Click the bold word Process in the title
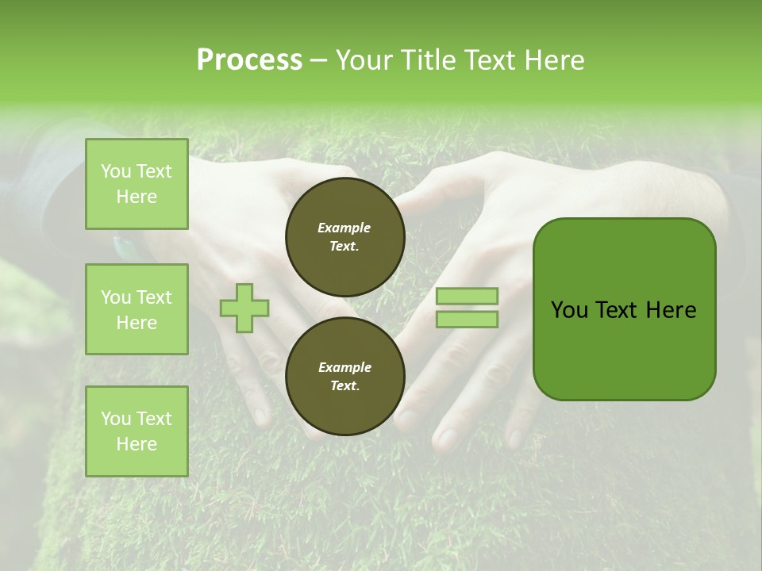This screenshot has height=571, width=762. pyautogui.click(x=249, y=59)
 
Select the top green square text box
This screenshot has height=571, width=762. pyautogui.click(x=137, y=184)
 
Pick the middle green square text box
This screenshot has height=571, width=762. pyautogui.click(x=137, y=309)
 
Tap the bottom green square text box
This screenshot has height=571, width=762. pyautogui.click(x=137, y=431)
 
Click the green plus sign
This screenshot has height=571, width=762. pyautogui.click(x=244, y=308)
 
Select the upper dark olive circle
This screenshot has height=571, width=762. pyautogui.click(x=344, y=237)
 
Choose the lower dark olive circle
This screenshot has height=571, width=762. pyautogui.click(x=344, y=377)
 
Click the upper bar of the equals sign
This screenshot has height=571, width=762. pyautogui.click(x=467, y=296)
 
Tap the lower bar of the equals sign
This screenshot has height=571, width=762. pyautogui.click(x=467, y=319)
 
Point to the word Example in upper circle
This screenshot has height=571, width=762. pyautogui.click(x=344, y=228)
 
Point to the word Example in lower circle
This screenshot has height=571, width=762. pyautogui.click(x=344, y=367)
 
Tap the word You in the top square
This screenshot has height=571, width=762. pyautogui.click(x=116, y=171)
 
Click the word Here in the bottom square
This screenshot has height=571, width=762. pyautogui.click(x=137, y=444)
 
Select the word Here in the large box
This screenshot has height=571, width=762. pyautogui.click(x=671, y=310)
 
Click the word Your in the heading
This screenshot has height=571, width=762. pyautogui.click(x=364, y=60)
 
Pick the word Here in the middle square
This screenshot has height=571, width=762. pyautogui.click(x=137, y=323)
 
